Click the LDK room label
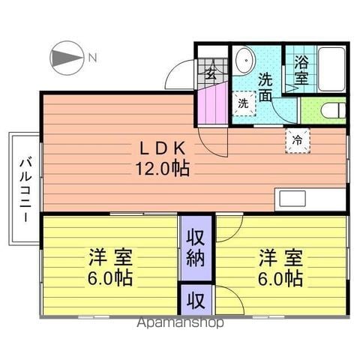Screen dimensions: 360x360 163,148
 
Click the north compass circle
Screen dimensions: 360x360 67,58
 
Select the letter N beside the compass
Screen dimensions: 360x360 93,58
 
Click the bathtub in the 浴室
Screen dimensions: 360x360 331,69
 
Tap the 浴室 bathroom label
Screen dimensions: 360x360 301,70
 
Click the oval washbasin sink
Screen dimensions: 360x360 245,60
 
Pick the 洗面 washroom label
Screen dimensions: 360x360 265,87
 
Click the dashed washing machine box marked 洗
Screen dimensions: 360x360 244,103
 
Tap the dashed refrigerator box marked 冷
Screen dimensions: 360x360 298,140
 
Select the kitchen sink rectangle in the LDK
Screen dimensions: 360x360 292,199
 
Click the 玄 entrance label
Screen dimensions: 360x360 211,73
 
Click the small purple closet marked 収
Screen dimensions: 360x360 196,300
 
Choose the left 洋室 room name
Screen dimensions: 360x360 110,257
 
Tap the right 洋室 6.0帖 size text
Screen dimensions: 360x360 280,278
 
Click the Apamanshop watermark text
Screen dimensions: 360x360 180,322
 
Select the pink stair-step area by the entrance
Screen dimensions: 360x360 212,103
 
